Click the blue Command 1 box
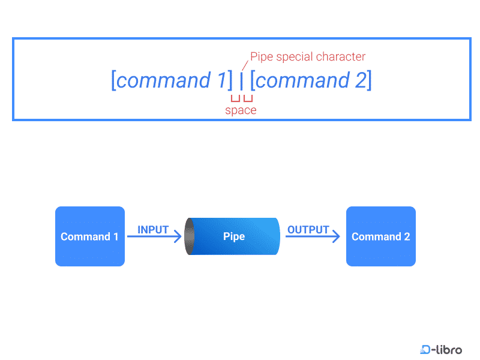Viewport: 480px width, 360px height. pyautogui.click(x=90, y=236)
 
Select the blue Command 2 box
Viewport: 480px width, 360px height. pyautogui.click(x=381, y=236)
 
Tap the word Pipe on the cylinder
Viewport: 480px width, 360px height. pyautogui.click(x=234, y=236)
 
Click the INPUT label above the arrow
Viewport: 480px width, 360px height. pyautogui.click(x=153, y=230)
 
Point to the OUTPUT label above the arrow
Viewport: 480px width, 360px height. pyautogui.click(x=308, y=230)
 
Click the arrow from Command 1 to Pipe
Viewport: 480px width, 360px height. pyautogui.click(x=154, y=237)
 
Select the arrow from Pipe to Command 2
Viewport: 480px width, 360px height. pyautogui.click(x=312, y=237)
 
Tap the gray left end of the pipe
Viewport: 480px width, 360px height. pyautogui.click(x=190, y=236)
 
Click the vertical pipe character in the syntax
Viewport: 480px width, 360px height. pyautogui.click(x=241, y=81)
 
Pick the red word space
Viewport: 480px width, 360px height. pyautogui.click(x=241, y=110)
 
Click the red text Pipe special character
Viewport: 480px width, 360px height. pyautogui.click(x=308, y=57)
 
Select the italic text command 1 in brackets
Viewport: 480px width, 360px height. pyautogui.click(x=171, y=80)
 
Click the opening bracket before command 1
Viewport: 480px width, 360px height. pyautogui.click(x=113, y=80)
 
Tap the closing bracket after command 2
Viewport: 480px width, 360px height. pyautogui.click(x=369, y=80)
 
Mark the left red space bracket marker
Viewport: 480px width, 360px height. pyautogui.click(x=235, y=98)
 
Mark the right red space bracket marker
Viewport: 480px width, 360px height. pyautogui.click(x=248, y=98)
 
